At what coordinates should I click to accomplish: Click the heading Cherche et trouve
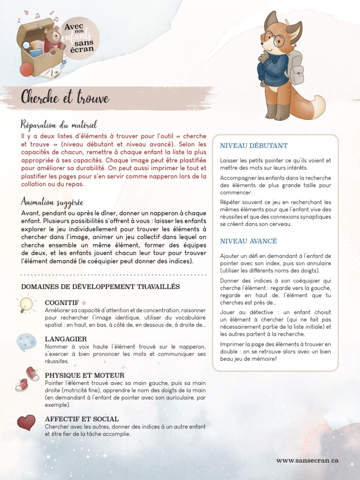coord(65,98)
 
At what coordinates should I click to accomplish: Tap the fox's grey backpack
coord(296,68)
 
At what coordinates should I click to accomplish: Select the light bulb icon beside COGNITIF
coord(26,304)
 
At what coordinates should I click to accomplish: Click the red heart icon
coord(26,422)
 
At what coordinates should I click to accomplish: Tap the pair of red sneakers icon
coord(27,379)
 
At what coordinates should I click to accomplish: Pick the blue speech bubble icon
coord(26,342)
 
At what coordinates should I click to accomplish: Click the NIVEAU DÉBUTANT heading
coord(254,146)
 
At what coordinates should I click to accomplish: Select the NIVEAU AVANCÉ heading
coord(248,241)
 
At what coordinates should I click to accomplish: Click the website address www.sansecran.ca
coord(307,460)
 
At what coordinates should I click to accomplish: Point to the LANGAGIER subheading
coord(66,338)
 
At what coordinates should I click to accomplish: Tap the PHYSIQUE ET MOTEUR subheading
coord(84,375)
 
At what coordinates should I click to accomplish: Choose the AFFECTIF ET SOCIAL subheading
coord(82,419)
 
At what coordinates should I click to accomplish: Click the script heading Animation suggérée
coord(52,202)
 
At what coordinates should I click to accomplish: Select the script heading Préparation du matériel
coord(59,125)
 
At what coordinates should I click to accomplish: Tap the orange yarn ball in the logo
coord(27,69)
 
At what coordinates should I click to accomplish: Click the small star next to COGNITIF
coord(84,303)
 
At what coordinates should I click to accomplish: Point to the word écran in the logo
coord(83,49)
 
